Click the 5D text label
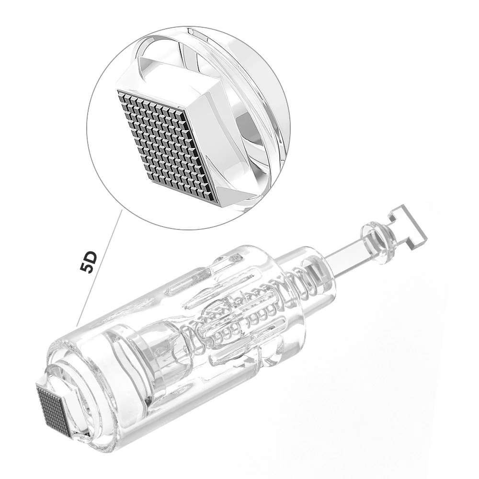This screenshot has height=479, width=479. pos(90,261)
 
